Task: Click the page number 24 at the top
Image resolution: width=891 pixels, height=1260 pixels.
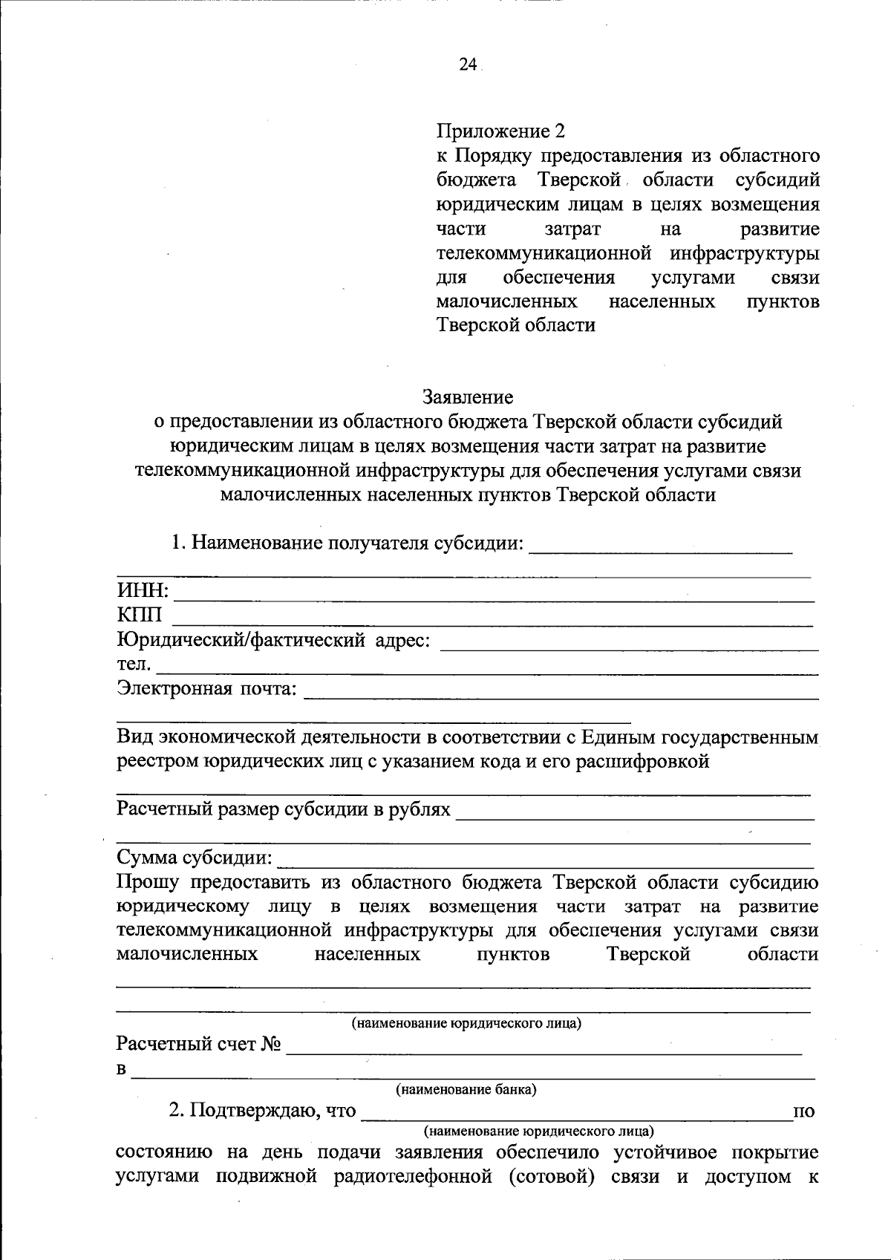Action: click(x=467, y=65)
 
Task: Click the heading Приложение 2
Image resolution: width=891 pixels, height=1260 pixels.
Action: click(x=500, y=131)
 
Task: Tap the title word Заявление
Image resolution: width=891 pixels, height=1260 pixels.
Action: click(x=468, y=397)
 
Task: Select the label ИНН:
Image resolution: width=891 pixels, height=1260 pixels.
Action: click(x=143, y=591)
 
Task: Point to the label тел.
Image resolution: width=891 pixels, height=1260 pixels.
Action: click(x=134, y=664)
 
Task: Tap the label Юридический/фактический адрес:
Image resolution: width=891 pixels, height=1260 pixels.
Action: click(x=273, y=639)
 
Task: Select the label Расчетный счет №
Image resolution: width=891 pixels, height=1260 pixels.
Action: click(x=199, y=1044)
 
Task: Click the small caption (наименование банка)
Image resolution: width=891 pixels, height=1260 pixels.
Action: click(x=466, y=1089)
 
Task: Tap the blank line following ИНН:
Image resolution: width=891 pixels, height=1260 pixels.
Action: click(x=494, y=597)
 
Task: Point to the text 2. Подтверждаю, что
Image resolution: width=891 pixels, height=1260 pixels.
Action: click(x=263, y=1111)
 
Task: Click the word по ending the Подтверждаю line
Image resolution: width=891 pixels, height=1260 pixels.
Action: click(x=804, y=1111)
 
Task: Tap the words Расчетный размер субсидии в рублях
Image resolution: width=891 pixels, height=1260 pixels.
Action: click(x=284, y=809)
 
